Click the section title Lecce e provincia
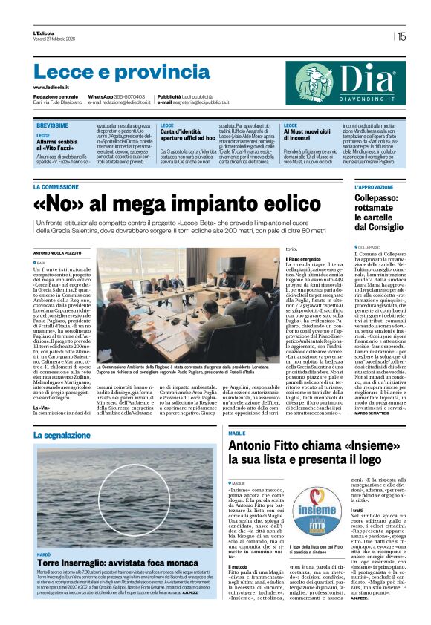pos(112,72)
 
